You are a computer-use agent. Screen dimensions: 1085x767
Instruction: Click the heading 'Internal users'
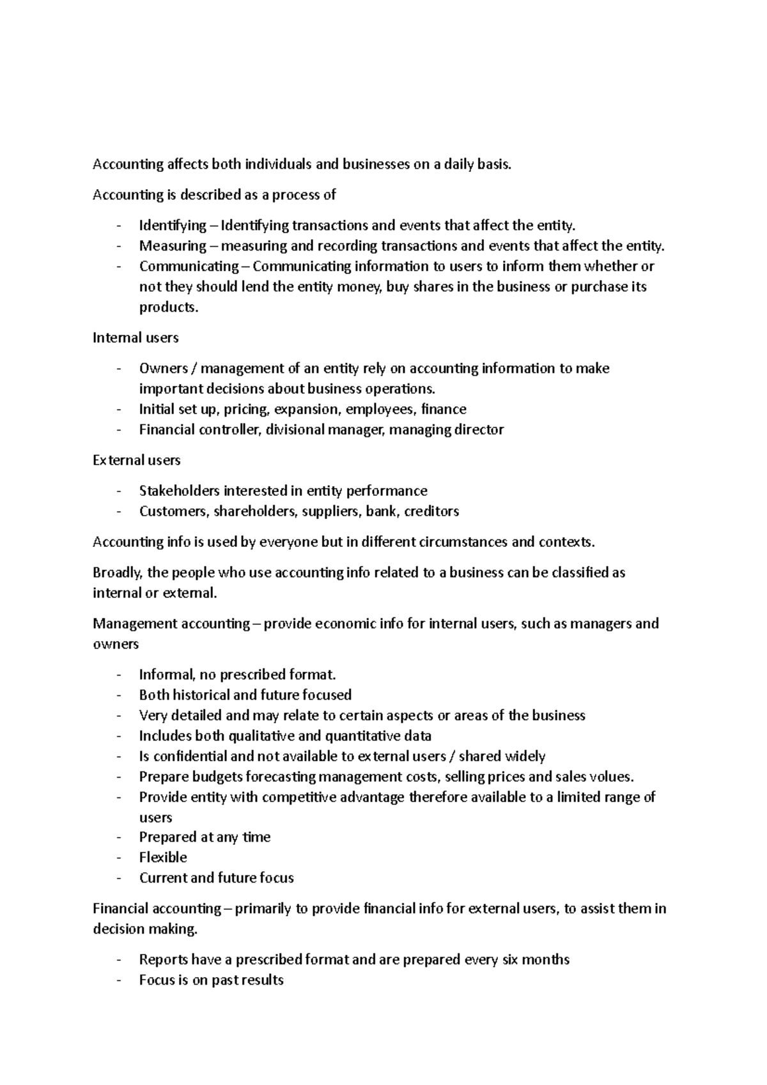point(136,337)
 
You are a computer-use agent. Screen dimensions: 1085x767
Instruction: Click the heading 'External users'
point(137,460)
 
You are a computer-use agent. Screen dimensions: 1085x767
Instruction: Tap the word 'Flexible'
point(163,858)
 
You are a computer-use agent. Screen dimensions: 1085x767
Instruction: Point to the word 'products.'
point(169,307)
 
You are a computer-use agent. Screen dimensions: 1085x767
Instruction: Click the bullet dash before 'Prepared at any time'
point(120,837)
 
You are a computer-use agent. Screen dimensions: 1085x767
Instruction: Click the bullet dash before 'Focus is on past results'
point(120,980)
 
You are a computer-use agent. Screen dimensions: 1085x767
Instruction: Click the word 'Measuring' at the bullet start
point(173,246)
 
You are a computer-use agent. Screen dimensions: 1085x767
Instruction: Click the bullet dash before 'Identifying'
point(120,226)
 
